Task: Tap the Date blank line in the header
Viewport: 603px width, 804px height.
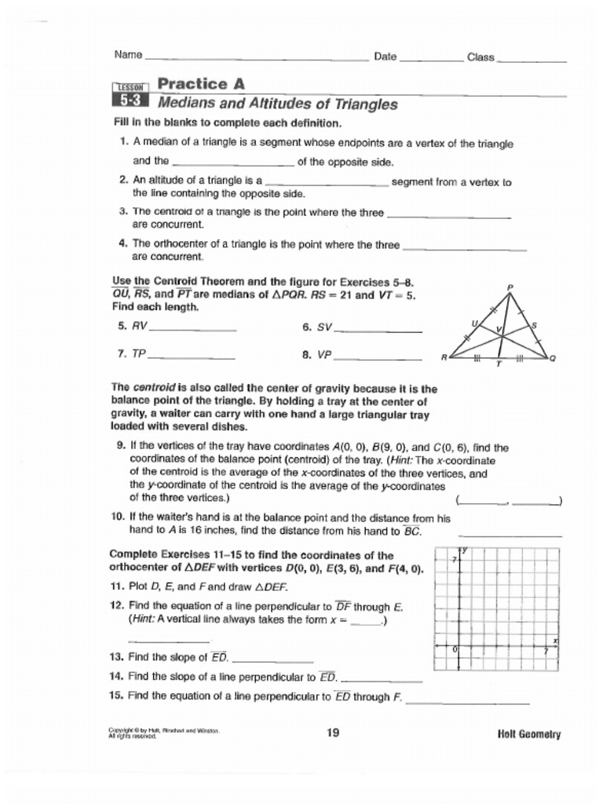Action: tap(431, 60)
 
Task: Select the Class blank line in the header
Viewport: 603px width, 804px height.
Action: tap(532, 60)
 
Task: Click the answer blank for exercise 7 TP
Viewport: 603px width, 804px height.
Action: tap(191, 357)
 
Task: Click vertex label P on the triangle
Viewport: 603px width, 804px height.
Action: tap(510, 287)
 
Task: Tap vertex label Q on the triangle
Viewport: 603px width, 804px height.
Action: tap(552, 359)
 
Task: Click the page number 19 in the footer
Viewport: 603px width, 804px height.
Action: tap(333, 733)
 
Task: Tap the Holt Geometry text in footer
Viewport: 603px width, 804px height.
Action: tap(528, 734)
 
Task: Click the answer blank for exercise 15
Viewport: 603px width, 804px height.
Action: tap(468, 701)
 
